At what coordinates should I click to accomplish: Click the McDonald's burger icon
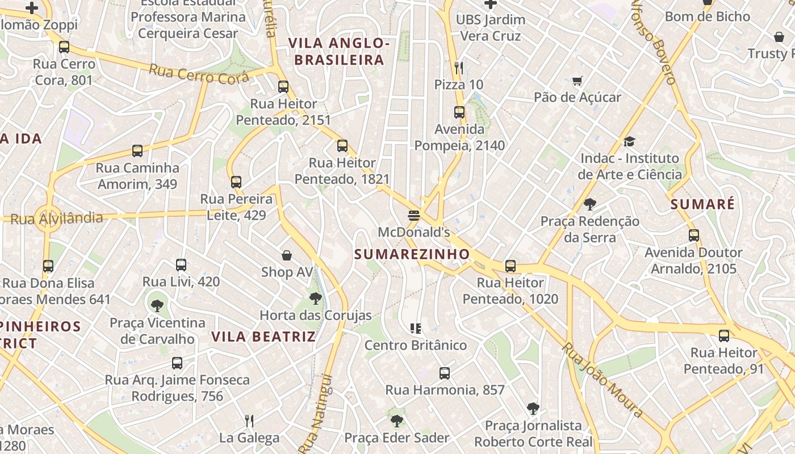tap(413, 216)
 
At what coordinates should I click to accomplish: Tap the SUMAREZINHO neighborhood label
tap(412, 254)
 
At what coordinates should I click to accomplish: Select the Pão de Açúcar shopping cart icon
tap(578, 81)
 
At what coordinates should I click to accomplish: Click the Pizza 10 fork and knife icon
tap(459, 68)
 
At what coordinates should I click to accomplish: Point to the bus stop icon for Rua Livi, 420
tap(181, 265)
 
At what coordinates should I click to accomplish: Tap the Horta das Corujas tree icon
tap(315, 299)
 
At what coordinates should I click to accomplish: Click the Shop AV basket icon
tap(287, 255)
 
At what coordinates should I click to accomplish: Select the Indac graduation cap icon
tap(629, 141)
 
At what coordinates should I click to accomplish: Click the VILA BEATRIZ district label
tap(263, 337)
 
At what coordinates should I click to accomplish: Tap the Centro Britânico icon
tap(416, 329)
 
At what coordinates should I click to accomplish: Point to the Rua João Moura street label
tap(602, 380)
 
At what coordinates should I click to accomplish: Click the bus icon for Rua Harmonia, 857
tap(445, 373)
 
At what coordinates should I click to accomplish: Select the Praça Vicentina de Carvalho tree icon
tap(157, 306)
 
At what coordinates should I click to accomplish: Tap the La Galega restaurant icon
tap(249, 421)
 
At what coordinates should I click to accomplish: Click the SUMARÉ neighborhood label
tap(702, 204)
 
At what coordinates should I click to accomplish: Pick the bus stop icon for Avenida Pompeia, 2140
tap(459, 113)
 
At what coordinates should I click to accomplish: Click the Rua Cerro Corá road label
tap(199, 74)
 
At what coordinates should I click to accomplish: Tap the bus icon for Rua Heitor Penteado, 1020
tap(511, 266)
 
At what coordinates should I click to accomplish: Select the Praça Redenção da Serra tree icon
tap(589, 204)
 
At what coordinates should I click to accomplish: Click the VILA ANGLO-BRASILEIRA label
tap(339, 51)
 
